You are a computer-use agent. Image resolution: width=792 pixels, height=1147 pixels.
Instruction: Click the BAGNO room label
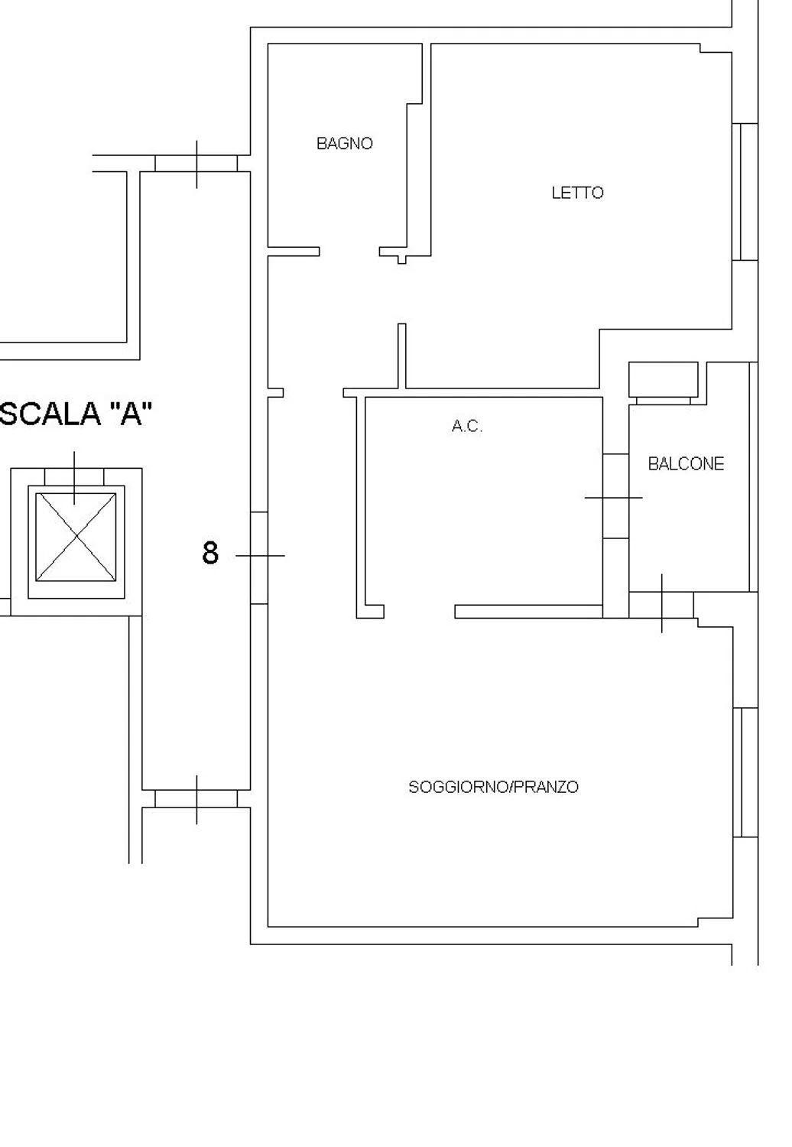click(x=345, y=144)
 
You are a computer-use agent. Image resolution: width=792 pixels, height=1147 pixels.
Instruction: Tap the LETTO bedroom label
click(x=577, y=193)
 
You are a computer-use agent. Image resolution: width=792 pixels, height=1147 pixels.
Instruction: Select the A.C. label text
click(x=467, y=426)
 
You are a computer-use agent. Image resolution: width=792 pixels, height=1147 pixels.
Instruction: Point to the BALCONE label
click(x=686, y=464)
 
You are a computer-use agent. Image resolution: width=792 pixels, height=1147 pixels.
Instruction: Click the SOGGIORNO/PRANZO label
click(x=494, y=787)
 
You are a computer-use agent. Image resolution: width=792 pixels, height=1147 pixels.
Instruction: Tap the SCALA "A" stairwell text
click(x=76, y=414)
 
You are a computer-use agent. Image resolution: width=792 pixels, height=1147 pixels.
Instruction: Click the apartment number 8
click(x=210, y=553)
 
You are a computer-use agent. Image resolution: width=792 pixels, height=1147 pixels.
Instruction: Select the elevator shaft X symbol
click(x=76, y=537)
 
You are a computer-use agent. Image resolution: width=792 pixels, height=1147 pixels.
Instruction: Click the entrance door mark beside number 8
click(x=260, y=556)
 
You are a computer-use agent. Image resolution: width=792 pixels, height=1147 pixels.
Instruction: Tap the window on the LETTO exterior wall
click(x=745, y=192)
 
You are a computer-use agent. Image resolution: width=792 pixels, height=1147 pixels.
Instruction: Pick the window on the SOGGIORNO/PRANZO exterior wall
click(x=745, y=772)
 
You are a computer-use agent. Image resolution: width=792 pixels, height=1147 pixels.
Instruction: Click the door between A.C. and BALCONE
click(x=615, y=497)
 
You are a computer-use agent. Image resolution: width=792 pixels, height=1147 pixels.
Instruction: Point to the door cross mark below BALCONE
click(x=661, y=604)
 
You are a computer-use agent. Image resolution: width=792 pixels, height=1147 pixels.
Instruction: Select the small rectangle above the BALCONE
click(x=663, y=379)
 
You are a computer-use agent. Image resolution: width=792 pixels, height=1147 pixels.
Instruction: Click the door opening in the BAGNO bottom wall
click(x=349, y=252)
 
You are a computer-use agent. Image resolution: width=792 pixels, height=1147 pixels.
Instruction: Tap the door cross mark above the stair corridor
click(x=196, y=164)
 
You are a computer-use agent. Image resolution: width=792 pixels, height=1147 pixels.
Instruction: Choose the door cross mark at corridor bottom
click(x=196, y=799)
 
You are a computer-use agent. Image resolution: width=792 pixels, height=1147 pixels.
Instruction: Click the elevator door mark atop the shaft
click(x=74, y=477)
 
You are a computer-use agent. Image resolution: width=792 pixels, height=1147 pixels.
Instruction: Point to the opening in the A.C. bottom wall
click(x=419, y=612)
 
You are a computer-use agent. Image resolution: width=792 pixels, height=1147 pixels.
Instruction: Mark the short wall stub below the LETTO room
click(x=402, y=356)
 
